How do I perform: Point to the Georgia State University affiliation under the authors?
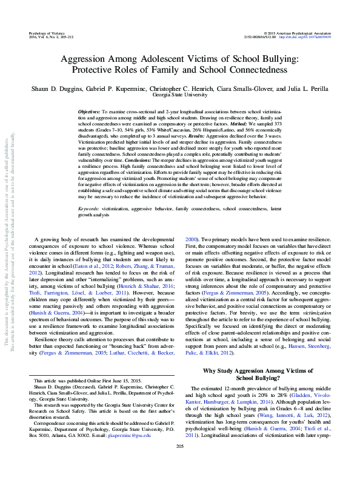click(179, 95)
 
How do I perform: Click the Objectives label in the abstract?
click(90, 113)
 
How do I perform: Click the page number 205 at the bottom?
click(179, 464)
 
